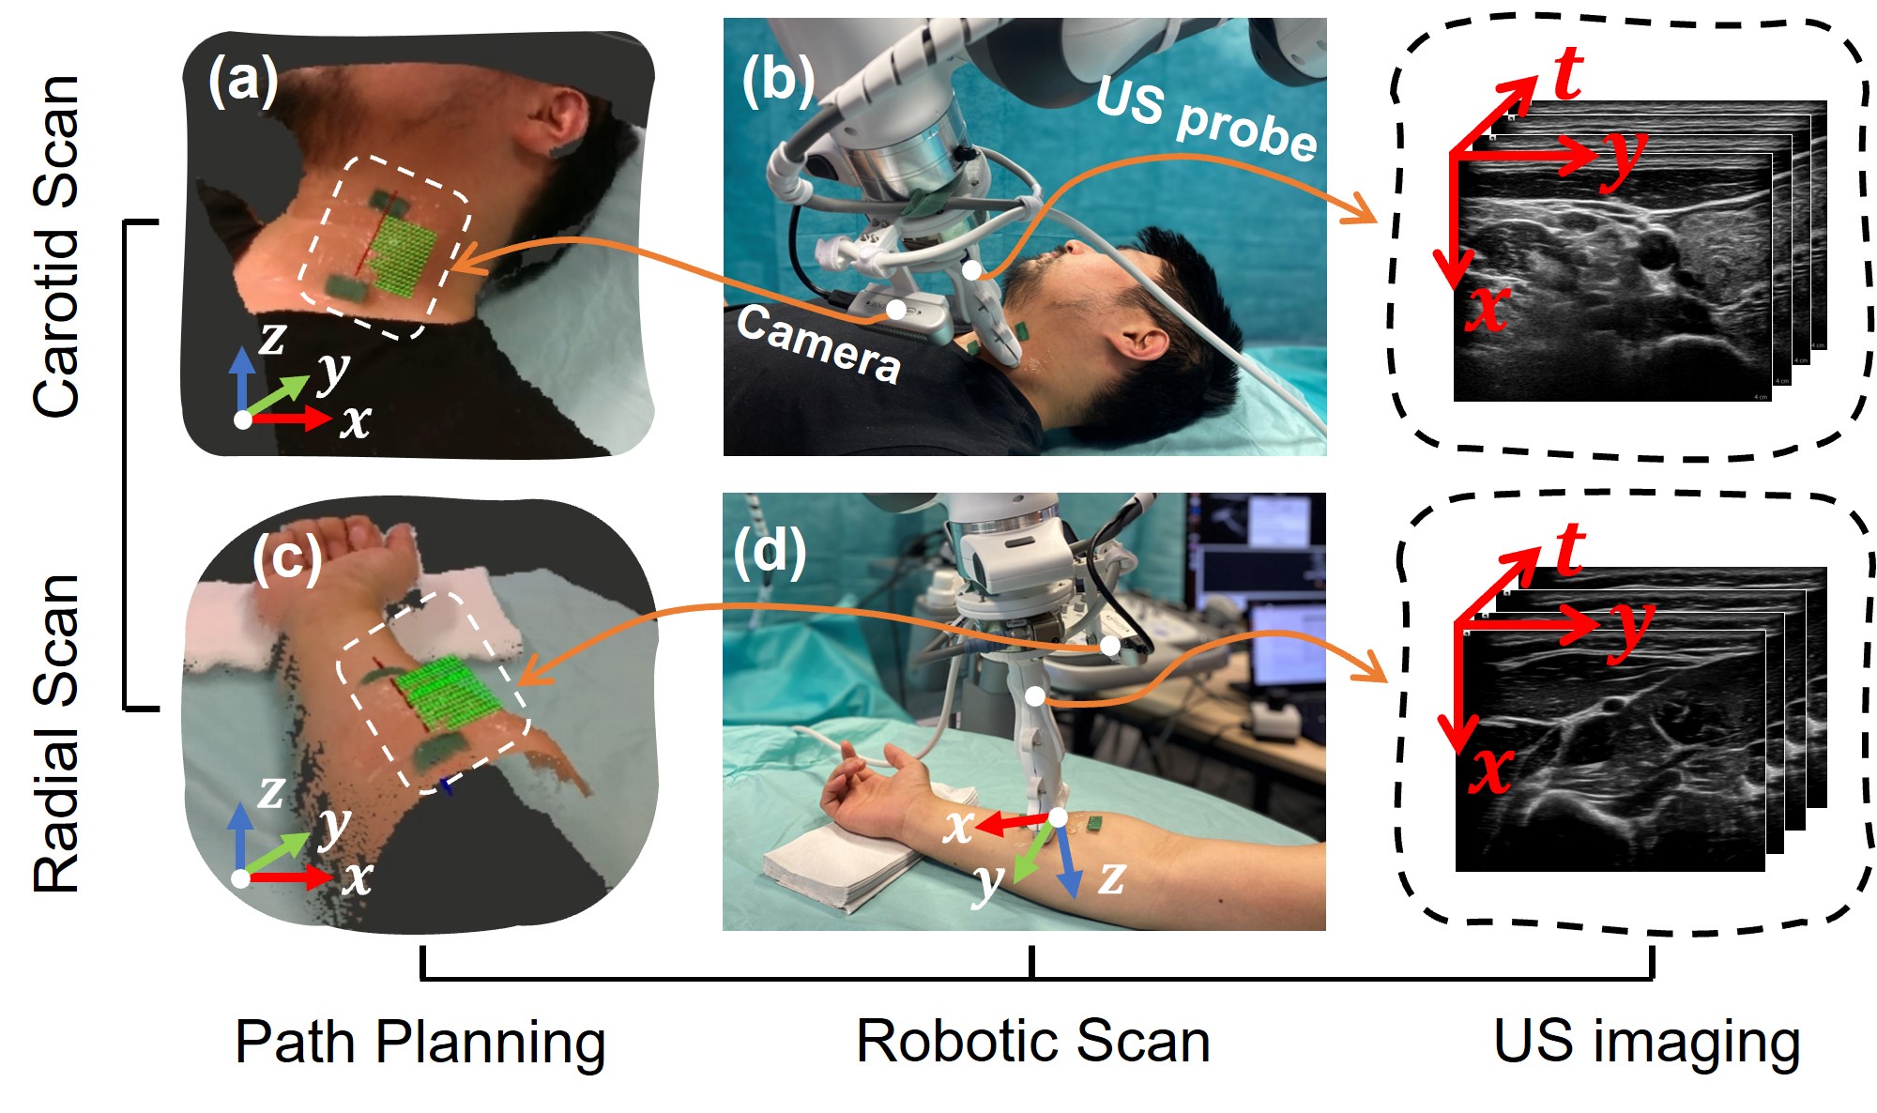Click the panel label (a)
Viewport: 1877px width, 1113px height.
pos(243,81)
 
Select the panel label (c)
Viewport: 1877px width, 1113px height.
pos(287,559)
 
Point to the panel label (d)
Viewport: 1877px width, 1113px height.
pos(770,552)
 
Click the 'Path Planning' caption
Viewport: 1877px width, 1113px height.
pos(420,1042)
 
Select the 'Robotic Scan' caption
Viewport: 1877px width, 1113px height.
pos(1032,1042)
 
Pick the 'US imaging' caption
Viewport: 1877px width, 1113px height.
pos(1646,1042)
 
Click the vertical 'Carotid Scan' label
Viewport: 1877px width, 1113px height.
pos(56,246)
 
